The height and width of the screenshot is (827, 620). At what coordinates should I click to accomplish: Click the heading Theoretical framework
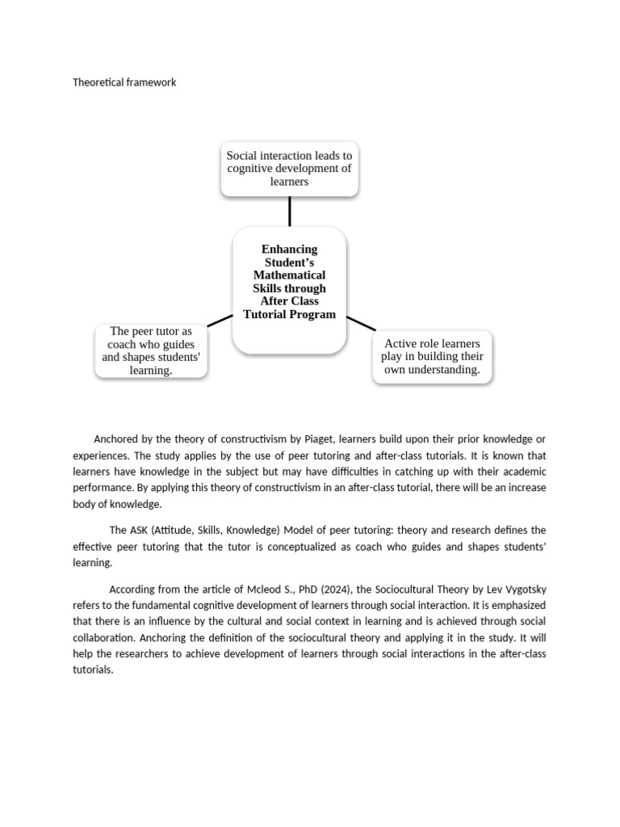124,82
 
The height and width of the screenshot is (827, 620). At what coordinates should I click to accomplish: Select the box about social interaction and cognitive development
289,168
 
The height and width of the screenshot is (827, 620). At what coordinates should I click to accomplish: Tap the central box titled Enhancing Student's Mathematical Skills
289,289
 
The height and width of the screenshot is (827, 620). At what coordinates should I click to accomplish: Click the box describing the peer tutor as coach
151,351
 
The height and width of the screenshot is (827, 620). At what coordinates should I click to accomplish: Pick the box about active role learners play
433,357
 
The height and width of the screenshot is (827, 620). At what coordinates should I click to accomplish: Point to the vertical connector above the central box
289,211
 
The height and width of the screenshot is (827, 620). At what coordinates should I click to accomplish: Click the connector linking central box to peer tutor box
220,321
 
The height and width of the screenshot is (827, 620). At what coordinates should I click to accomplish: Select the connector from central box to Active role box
361,323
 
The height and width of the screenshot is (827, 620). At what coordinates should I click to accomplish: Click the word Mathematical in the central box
289,275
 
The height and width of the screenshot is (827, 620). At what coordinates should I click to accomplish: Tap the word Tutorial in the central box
267,314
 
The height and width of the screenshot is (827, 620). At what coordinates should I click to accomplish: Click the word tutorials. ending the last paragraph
93,670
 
